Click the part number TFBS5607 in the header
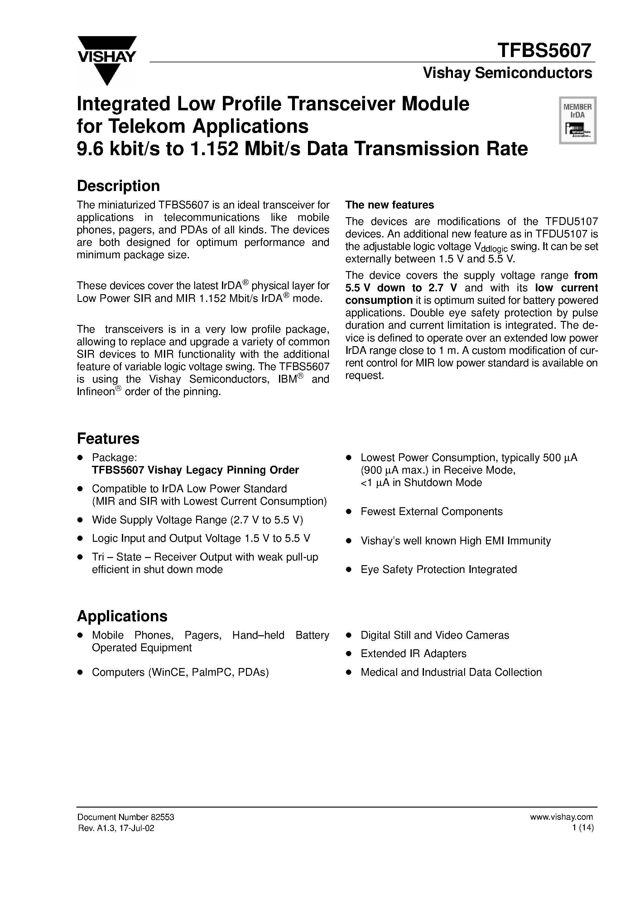(544, 51)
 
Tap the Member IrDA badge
(578, 120)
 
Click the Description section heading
(118, 186)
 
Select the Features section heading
(108, 438)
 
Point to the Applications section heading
(122, 616)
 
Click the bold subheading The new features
(390, 205)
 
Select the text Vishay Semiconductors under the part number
(507, 73)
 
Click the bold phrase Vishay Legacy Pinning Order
(223, 470)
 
